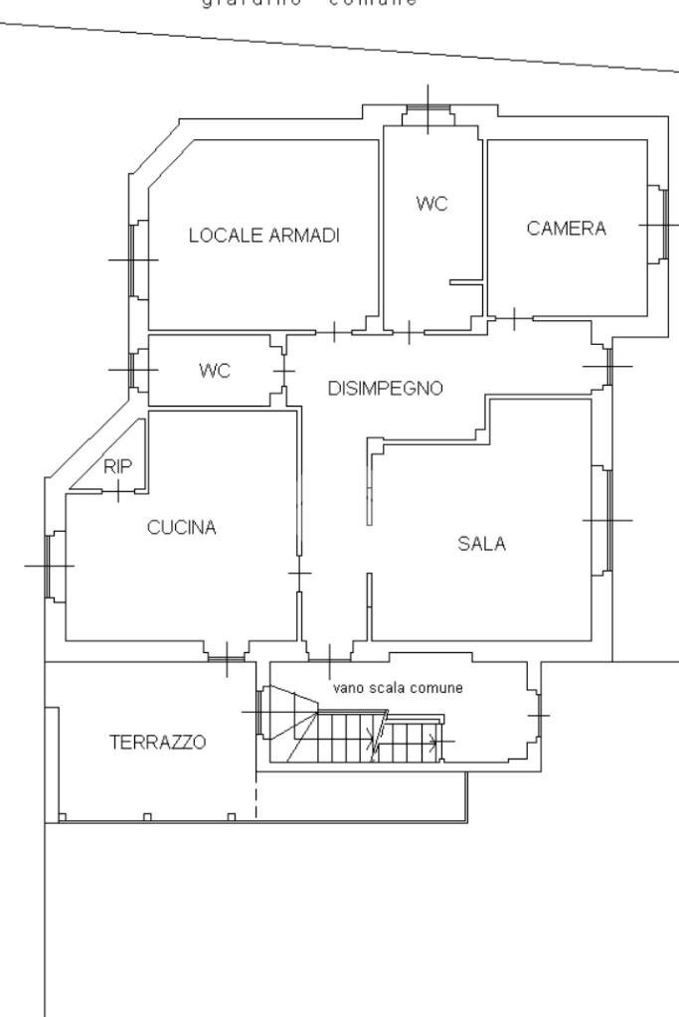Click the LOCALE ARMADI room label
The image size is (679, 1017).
coord(264,236)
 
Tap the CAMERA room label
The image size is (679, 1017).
coord(566,229)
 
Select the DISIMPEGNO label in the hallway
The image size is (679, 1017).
coord(385,389)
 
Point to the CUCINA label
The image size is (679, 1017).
coord(181,528)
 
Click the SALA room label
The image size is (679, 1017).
coord(481,544)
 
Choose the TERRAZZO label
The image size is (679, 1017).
coord(158,742)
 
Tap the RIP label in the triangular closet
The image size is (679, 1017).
coord(117,465)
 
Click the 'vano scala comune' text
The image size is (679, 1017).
coord(397,688)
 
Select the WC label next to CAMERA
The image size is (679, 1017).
coord(431,204)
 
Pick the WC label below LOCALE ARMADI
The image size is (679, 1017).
coord(214,371)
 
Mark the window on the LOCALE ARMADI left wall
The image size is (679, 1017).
coord(132,259)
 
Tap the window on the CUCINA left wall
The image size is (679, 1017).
coord(49,566)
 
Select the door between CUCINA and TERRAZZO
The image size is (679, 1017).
coord(227,655)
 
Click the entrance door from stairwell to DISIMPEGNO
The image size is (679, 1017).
coord(329,655)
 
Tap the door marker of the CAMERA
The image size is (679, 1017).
coord(513,319)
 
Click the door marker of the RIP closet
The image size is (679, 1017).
coord(117,490)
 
